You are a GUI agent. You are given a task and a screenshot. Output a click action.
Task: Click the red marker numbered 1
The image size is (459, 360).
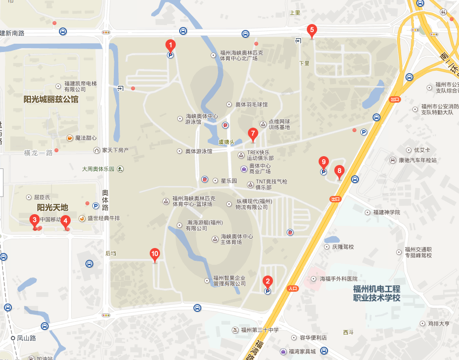click(170, 45)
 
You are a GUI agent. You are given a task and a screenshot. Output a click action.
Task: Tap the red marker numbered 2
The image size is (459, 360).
click(268, 281)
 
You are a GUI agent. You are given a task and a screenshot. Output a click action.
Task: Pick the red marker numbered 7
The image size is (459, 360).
click(253, 133)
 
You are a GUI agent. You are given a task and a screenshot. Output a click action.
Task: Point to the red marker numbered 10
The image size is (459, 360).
click(155, 254)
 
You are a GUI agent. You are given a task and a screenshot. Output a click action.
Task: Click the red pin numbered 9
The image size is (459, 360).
click(323, 162)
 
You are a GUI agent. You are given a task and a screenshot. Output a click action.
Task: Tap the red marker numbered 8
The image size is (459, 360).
click(339, 171)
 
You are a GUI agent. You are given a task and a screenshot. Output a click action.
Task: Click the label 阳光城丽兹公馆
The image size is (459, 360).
click(51, 99)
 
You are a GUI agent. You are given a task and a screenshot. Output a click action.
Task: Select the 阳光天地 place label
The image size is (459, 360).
click(53, 207)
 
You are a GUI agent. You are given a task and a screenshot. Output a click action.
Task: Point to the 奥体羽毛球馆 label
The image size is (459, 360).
click(251, 105)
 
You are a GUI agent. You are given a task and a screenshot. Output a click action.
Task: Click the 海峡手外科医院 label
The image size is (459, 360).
click(339, 278)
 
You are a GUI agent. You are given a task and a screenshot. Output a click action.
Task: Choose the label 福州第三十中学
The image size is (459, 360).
click(260, 330)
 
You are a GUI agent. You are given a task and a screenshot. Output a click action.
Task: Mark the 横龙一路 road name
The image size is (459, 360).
click(38, 153)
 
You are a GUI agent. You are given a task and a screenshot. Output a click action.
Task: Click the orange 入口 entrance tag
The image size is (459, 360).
click(293, 288)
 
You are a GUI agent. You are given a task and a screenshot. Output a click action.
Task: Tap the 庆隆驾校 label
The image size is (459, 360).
click(343, 247)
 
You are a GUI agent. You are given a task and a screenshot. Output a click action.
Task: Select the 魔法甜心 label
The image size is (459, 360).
click(85, 138)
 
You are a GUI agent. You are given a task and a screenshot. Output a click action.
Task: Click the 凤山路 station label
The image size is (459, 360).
click(27, 338)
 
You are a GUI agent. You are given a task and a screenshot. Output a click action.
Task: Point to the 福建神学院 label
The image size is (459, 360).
click(386, 213)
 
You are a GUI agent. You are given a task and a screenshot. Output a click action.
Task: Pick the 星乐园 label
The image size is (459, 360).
click(228, 181)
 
